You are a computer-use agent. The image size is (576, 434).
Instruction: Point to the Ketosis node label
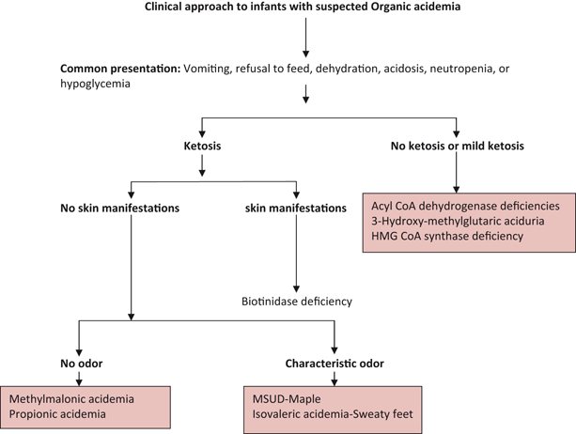coord(201,147)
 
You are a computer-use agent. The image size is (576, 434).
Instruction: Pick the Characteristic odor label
coord(334,362)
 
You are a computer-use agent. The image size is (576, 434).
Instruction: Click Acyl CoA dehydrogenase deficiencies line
coord(467,206)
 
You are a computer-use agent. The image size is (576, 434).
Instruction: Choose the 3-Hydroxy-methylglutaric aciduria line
coord(459,222)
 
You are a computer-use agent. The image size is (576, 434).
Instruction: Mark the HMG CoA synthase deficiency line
coord(447,238)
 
